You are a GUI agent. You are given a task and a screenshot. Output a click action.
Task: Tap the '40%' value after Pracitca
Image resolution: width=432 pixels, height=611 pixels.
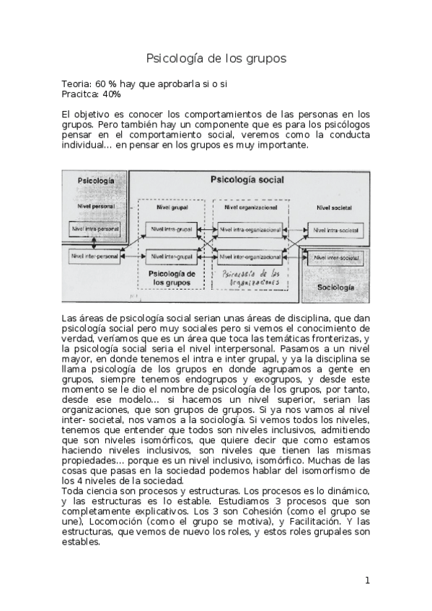(111, 94)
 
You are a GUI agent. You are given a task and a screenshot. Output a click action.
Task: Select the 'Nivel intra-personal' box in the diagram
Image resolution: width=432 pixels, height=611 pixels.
(94, 230)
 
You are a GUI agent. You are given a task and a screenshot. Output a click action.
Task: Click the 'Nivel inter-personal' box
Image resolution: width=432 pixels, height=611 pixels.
(94, 256)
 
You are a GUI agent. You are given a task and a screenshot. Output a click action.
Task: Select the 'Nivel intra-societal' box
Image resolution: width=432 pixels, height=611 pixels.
(334, 230)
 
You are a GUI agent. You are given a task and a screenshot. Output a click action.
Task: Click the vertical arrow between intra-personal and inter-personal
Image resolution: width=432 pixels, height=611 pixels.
(105, 243)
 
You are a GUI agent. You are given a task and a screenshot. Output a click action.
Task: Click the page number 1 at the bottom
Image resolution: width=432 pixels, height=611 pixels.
(367, 581)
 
